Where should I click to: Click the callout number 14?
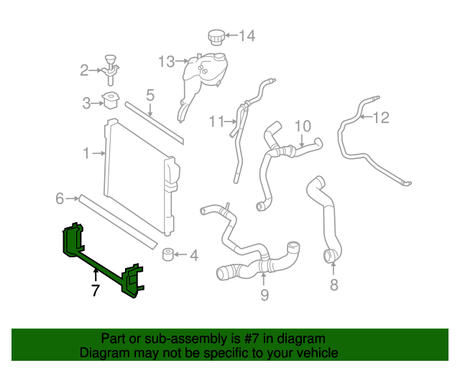click(247, 35)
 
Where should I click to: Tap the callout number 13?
click(167, 62)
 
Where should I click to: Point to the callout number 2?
click(84, 70)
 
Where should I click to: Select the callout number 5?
click(150, 95)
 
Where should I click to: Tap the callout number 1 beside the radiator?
click(86, 153)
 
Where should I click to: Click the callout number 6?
click(60, 198)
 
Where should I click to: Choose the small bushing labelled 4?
click(169, 255)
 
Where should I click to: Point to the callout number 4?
click(193, 255)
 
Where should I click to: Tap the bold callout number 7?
click(95, 290)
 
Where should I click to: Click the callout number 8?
click(333, 285)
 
